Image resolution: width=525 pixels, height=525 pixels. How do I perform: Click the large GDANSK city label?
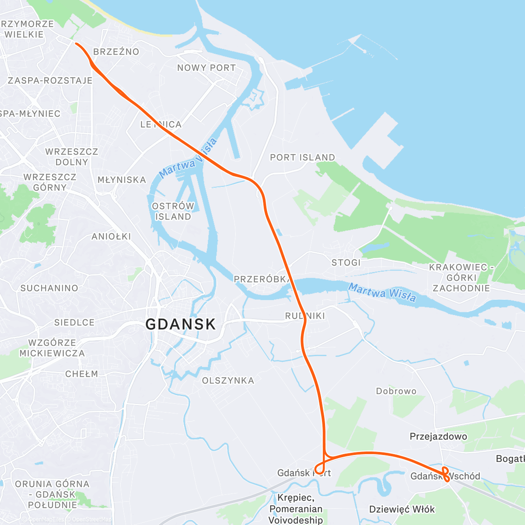(180, 324)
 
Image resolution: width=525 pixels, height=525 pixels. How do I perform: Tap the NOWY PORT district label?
(206, 68)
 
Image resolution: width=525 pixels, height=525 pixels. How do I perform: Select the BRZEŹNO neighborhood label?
(116, 52)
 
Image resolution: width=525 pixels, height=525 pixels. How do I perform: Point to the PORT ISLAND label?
(302, 157)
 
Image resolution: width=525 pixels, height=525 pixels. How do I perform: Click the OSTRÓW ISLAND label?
(173, 211)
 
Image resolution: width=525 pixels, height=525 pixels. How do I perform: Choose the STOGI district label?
(346, 262)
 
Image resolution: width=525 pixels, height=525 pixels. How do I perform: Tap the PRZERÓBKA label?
(261, 279)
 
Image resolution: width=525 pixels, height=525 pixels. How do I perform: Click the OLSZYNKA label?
(228, 381)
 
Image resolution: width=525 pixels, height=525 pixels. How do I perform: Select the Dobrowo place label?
(396, 391)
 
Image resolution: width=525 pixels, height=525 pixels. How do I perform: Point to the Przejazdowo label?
(438, 436)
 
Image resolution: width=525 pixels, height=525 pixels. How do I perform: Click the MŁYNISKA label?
(122, 180)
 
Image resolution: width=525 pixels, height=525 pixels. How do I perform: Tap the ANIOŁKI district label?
(111, 237)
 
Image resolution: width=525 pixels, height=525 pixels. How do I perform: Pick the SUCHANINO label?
(49, 288)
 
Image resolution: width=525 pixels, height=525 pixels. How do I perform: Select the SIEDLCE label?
(74, 322)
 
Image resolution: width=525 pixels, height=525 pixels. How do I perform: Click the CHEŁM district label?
(82, 374)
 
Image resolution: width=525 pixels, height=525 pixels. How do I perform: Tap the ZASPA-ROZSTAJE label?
(50, 80)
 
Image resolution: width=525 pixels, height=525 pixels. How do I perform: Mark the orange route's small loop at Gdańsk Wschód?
(445, 474)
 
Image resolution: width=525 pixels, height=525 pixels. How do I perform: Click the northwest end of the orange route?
(76, 43)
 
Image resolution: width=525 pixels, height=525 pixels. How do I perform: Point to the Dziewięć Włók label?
(402, 509)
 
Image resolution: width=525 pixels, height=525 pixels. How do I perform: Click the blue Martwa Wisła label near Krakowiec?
(382, 292)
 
